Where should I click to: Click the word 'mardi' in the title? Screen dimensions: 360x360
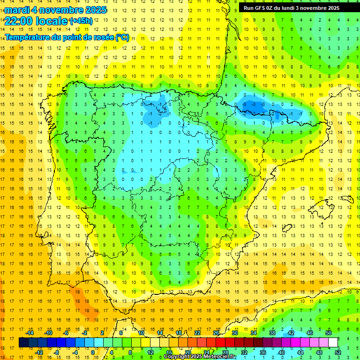[x=18, y=10]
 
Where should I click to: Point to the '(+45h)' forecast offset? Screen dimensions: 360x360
[x=81, y=21]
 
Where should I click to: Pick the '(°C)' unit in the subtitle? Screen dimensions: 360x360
[x=122, y=37]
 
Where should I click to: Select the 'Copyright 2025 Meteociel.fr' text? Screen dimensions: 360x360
[x=200, y=357]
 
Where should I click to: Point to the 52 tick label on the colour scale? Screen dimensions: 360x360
[x=338, y=352]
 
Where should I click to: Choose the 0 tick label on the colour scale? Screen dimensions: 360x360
[x=93, y=352]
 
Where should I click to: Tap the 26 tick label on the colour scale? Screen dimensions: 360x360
[x=216, y=333]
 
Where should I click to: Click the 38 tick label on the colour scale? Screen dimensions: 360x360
[x=272, y=333]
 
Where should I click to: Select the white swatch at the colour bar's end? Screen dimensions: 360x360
[x=333, y=342]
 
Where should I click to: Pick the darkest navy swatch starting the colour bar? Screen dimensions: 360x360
[x=23, y=342]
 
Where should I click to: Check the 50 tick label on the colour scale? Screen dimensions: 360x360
[x=329, y=333]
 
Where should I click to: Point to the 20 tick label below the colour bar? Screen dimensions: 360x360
[x=187, y=352]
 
